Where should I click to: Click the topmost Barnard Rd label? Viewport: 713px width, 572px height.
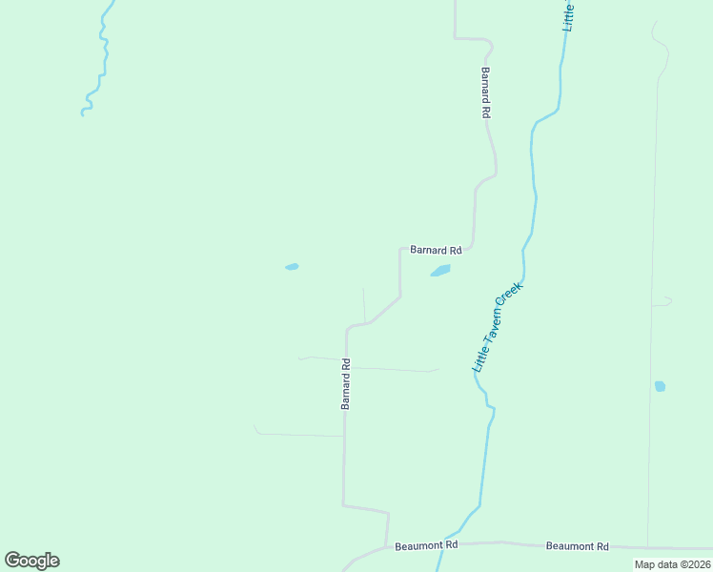point(485,92)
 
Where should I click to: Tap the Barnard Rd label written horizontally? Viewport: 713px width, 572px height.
point(436,250)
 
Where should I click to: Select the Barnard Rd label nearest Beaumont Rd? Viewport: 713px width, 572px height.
point(346,383)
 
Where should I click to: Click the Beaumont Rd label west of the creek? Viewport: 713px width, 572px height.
point(426,544)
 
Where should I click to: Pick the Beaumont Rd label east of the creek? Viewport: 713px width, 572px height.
point(577,546)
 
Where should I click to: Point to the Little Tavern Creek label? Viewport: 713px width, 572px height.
point(498,326)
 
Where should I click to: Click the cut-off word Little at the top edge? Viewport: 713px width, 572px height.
point(569,16)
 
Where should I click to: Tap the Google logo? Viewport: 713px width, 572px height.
point(31,561)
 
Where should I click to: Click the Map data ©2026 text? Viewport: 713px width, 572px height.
point(672,564)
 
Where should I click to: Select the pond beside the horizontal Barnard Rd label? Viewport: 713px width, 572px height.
point(440,271)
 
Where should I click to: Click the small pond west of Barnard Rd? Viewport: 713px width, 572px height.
point(292,267)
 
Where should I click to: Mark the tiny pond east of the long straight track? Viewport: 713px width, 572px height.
point(660,386)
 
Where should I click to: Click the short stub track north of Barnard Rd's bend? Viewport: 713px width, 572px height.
point(364,303)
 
